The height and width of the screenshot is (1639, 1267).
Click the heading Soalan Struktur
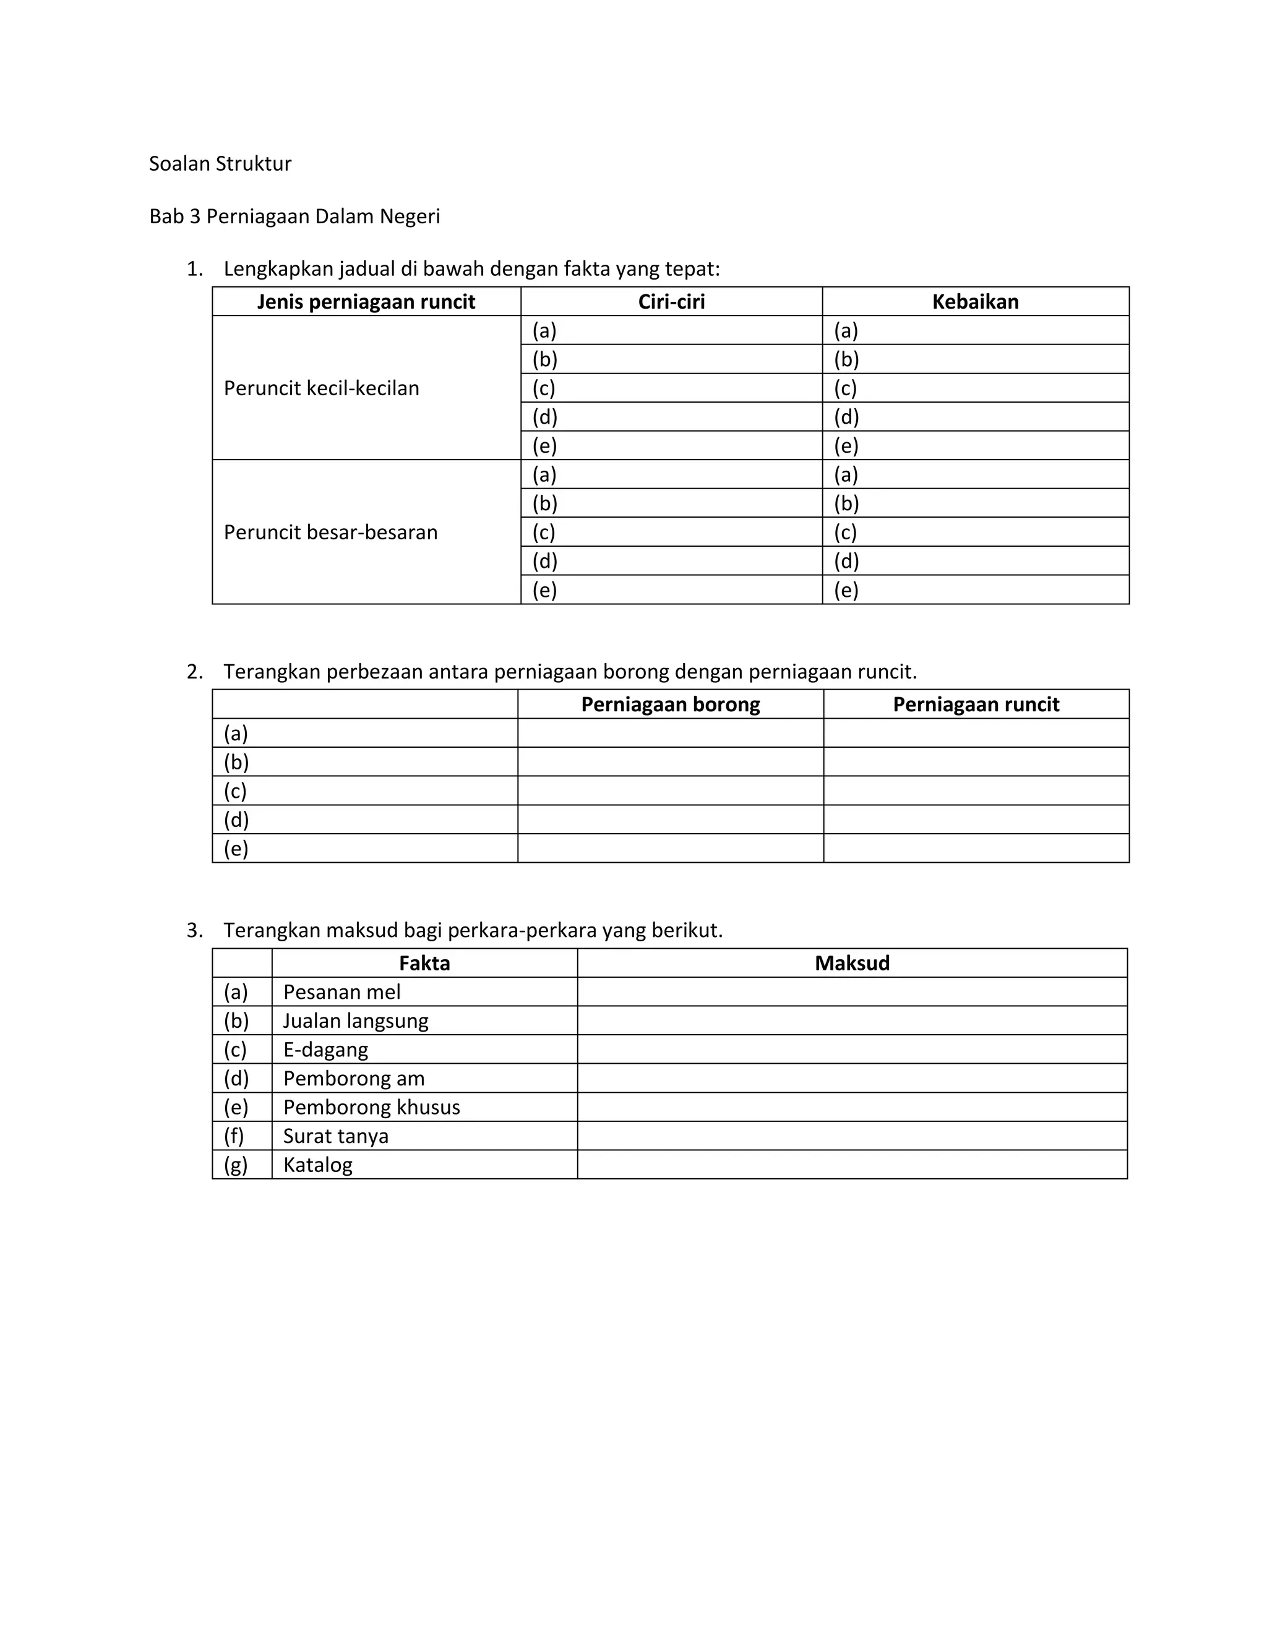tap(220, 164)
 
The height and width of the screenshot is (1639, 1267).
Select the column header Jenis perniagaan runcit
tap(366, 302)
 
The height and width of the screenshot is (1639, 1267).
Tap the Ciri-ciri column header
tap(671, 302)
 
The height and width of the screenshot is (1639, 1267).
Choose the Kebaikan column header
tap(975, 302)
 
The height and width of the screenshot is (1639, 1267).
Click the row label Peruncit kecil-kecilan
tap(321, 388)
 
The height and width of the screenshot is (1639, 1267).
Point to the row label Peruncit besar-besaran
tap(330, 533)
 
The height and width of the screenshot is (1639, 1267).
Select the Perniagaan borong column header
tap(670, 704)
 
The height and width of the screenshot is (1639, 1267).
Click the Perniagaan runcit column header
tap(976, 704)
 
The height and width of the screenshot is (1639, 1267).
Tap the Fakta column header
tap(424, 964)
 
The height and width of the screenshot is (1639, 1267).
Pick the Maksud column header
tap(852, 964)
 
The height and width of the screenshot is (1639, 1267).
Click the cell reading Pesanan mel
tap(341, 992)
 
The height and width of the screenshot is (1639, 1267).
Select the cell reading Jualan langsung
tap(356, 1021)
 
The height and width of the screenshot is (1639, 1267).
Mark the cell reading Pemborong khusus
tap(372, 1108)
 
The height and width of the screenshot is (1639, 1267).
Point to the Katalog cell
tap(317, 1165)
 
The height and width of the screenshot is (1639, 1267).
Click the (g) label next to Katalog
tap(236, 1165)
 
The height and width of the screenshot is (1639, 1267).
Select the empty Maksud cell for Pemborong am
tap(852, 1079)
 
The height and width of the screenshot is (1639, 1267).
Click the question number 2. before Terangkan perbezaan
tap(194, 672)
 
